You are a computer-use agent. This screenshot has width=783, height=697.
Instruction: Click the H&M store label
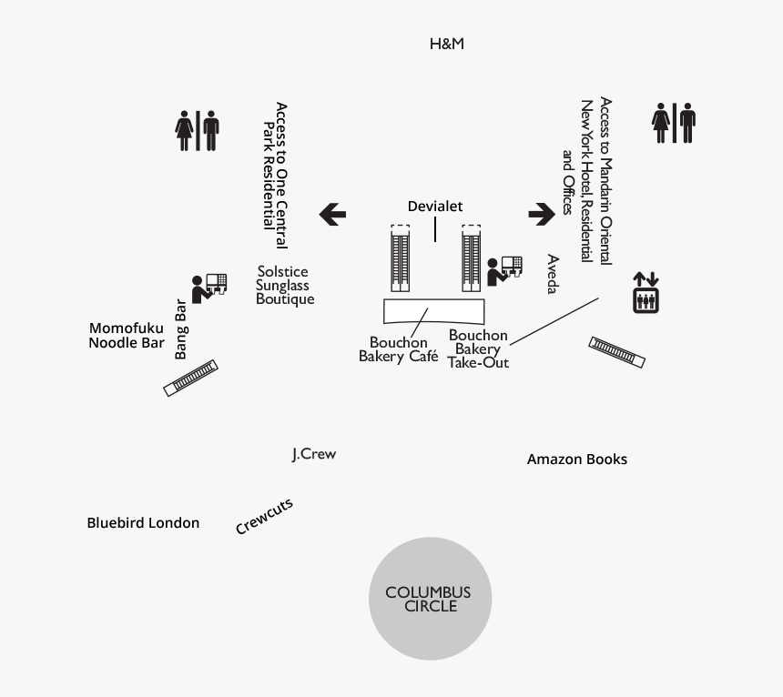pyautogui.click(x=447, y=44)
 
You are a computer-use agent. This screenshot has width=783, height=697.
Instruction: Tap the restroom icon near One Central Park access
pyautogui.click(x=198, y=131)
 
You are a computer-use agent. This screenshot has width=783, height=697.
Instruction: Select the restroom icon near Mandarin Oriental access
pyautogui.click(x=674, y=123)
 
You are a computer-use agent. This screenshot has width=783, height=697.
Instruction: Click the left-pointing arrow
pyautogui.click(x=332, y=215)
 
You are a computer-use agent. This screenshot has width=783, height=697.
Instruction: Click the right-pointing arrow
pyautogui.click(x=542, y=214)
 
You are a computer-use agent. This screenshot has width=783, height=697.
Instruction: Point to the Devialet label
pyautogui.click(x=434, y=207)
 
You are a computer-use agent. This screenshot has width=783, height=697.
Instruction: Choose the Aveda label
pyautogui.click(x=552, y=274)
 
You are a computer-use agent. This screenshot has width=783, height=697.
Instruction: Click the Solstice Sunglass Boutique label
pyautogui.click(x=285, y=285)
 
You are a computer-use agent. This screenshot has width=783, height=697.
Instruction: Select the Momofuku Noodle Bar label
pyautogui.click(x=127, y=336)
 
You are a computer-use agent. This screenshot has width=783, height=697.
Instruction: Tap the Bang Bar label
pyautogui.click(x=180, y=328)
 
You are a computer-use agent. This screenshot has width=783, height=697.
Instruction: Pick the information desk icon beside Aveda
pyautogui.click(x=504, y=270)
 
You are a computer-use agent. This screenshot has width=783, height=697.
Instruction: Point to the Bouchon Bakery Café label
pyautogui.click(x=398, y=349)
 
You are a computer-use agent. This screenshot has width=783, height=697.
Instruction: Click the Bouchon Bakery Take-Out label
pyautogui.click(x=478, y=348)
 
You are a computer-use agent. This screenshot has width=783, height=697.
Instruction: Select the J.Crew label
pyautogui.click(x=314, y=454)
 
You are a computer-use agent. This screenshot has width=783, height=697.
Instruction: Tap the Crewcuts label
pyautogui.click(x=264, y=517)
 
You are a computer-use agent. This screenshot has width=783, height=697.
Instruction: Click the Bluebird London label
pyautogui.click(x=143, y=523)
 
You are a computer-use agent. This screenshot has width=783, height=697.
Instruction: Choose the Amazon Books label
pyautogui.click(x=577, y=460)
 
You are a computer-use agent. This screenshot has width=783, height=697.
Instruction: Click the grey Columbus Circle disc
pyautogui.click(x=430, y=599)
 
